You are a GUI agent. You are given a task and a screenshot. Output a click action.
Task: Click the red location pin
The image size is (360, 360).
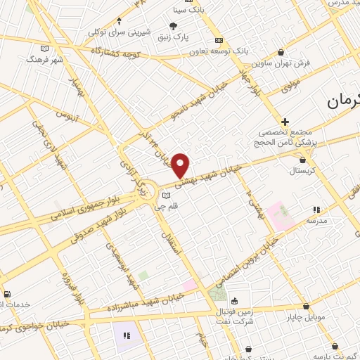point(181,165)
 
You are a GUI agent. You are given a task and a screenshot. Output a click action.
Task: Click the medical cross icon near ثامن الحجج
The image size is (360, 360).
point(285,122)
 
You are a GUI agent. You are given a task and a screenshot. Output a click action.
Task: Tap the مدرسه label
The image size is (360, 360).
point(316,220)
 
